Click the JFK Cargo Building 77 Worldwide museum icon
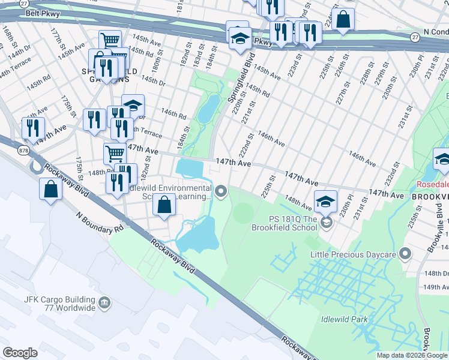point(104,302)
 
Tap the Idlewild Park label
point(344,319)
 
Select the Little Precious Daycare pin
point(405,254)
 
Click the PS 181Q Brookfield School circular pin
point(326,223)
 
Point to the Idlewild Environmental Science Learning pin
point(221,192)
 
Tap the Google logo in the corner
point(20,353)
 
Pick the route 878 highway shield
point(23,149)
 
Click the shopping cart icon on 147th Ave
point(115,153)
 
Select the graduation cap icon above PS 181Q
point(325,201)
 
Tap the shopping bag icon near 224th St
point(343,19)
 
